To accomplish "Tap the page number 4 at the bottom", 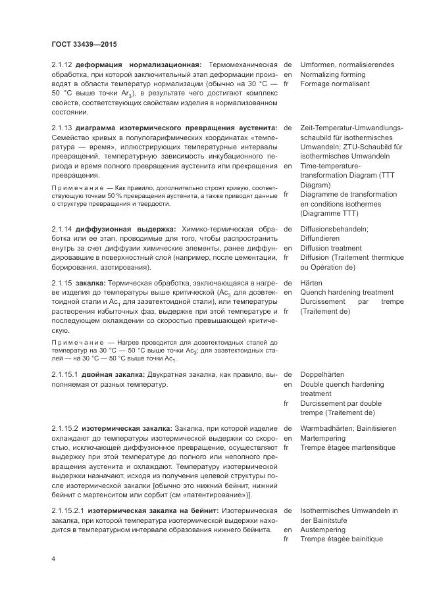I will pos(53,558).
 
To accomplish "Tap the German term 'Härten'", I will pos(311,282).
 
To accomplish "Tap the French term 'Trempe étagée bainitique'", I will pos(342,539).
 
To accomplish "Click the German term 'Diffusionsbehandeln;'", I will pos(334,228).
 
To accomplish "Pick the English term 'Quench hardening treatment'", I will pos(347,291).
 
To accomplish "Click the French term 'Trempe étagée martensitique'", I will pos(347,448).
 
